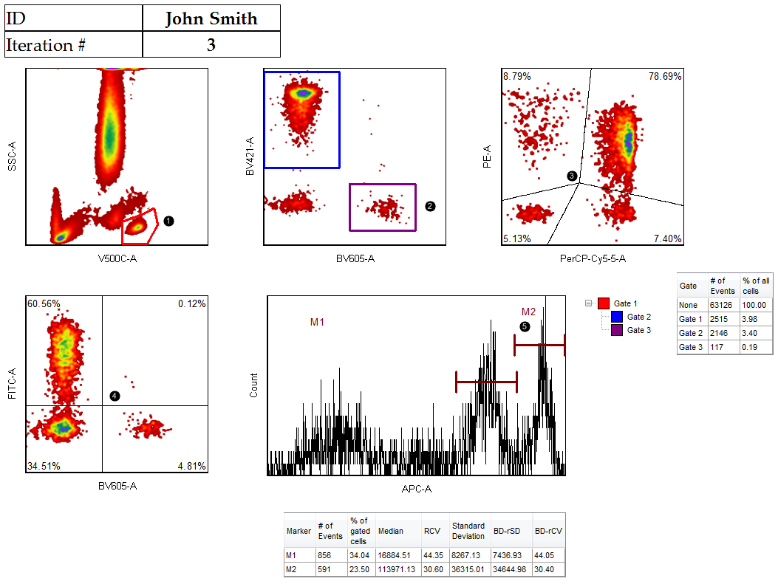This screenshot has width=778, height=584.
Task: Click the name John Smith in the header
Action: click(211, 18)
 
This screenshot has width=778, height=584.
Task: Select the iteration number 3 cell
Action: click(211, 45)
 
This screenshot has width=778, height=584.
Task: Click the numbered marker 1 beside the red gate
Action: click(168, 221)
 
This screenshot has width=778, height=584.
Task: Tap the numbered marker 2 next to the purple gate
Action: click(430, 206)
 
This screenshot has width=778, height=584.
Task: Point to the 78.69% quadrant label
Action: click(665, 76)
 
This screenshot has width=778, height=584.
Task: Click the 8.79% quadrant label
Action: click(517, 76)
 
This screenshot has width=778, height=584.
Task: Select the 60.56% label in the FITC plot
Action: click(44, 303)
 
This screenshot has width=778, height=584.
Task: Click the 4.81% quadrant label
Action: click(191, 466)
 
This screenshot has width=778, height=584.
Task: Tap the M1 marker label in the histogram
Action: click(317, 322)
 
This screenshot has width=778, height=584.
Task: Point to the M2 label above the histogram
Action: click(528, 311)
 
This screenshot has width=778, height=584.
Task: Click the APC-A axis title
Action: click(416, 488)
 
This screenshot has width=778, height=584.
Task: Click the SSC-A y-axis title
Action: click(13, 157)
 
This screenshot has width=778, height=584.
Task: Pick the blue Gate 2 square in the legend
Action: click(617, 317)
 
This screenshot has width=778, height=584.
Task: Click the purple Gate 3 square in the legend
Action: click(617, 330)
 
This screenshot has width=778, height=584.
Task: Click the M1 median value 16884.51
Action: click(394, 556)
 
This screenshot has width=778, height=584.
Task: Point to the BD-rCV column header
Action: click(548, 531)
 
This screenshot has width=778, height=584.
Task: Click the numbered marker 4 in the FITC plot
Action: click(115, 396)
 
